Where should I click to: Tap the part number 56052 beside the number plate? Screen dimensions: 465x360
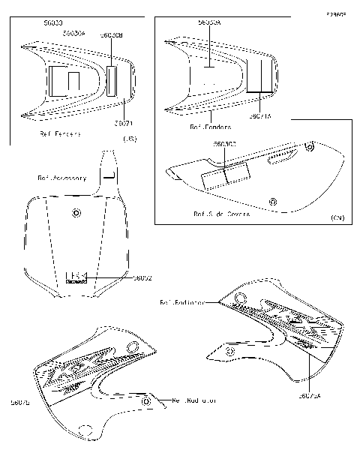(x=142, y=277)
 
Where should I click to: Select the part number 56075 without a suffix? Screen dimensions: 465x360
(x=22, y=402)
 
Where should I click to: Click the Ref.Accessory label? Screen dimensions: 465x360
(x=61, y=178)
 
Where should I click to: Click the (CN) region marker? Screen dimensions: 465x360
(x=337, y=217)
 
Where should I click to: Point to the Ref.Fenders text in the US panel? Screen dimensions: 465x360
(x=60, y=134)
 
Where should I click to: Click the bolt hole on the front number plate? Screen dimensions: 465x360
(x=76, y=214)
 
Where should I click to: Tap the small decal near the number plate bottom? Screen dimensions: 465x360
(x=76, y=278)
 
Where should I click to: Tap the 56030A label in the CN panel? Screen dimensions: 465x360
(x=208, y=23)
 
